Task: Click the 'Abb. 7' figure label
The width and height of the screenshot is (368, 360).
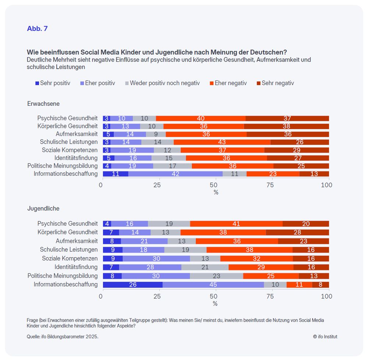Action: [37, 28]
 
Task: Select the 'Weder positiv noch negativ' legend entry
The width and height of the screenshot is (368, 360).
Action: [164, 83]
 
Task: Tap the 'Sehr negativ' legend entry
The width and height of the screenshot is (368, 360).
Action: [277, 83]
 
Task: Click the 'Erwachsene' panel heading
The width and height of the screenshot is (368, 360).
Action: [43, 104]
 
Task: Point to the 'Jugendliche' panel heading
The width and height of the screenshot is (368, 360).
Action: [43, 209]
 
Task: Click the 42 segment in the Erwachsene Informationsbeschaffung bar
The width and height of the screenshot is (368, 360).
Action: [176, 174]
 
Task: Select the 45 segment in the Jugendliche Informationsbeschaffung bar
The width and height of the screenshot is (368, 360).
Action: [213, 284]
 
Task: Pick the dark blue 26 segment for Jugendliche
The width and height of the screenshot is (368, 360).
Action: [132, 284]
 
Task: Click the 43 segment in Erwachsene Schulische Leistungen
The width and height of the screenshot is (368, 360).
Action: [222, 142]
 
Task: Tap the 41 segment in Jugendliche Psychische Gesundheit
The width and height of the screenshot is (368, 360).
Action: [236, 224]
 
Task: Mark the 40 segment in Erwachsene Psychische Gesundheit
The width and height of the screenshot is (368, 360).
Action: [201, 118]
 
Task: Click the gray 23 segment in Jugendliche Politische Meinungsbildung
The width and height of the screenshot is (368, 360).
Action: [216, 276]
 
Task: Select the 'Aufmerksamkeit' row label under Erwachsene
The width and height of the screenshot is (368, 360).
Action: [77, 134]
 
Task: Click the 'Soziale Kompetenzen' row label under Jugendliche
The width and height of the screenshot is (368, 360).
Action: [70, 258]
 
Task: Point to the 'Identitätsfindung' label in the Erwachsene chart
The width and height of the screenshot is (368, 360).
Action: [76, 158]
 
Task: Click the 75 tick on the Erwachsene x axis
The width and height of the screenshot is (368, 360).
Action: [270, 185]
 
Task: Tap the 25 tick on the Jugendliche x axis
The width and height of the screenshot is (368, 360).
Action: [157, 296]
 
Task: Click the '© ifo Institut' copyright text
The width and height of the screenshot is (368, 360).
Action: [325, 336]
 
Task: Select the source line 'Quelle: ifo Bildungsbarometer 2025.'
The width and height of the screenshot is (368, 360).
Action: [63, 336]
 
